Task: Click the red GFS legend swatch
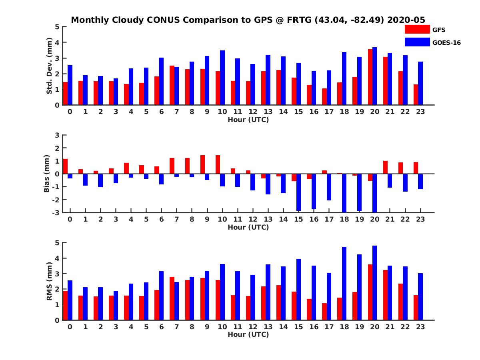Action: tap(417, 29)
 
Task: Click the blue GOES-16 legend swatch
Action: tap(417, 42)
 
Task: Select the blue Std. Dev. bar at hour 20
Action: tap(374, 76)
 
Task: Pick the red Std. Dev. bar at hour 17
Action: tap(324, 97)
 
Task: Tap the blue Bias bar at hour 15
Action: tap(298, 192)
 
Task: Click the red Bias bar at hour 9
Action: tap(203, 164)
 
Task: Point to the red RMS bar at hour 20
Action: tap(370, 292)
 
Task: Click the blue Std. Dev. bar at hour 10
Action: tap(222, 78)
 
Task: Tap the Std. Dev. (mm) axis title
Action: tap(50, 66)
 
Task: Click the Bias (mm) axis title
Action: tap(47, 173)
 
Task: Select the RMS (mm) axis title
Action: tap(50, 281)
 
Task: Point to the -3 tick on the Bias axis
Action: tap(56, 212)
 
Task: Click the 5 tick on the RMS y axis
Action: tap(57, 243)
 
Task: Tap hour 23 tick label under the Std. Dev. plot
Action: tap(420, 112)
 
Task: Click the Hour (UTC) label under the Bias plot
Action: tap(248, 227)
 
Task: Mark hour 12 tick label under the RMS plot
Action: tap(252, 326)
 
